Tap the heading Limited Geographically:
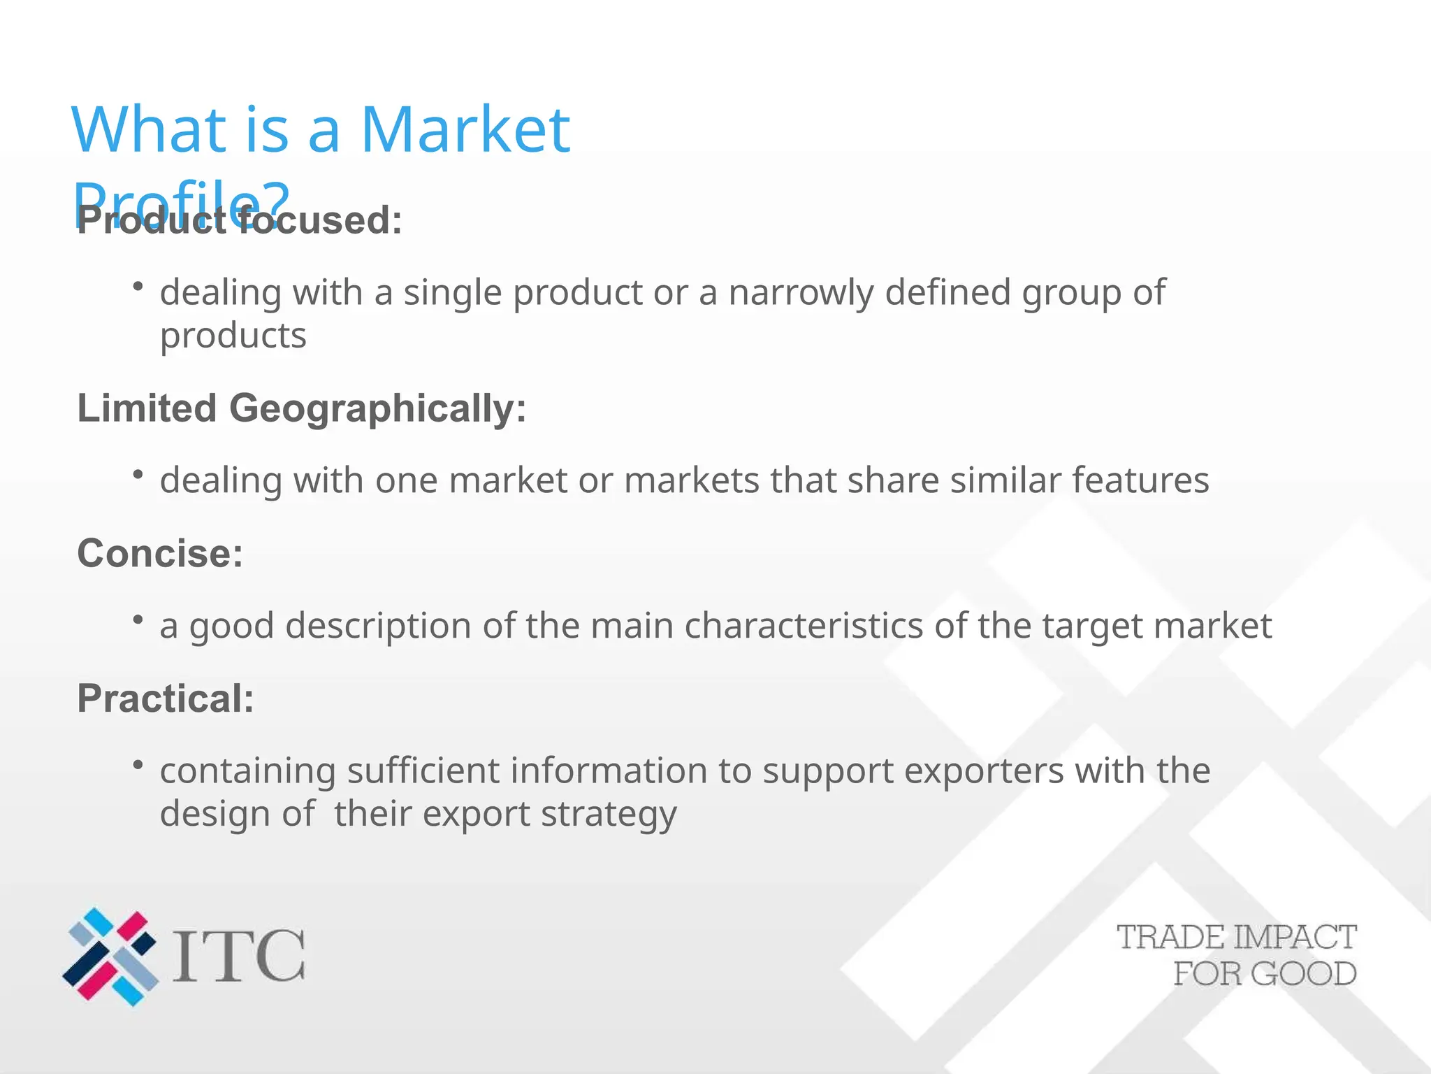tap(301, 408)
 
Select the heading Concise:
tap(160, 553)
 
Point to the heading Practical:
tap(166, 698)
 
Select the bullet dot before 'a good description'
tap(138, 619)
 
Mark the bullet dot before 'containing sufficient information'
tap(138, 764)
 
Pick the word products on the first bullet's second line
tap(233, 336)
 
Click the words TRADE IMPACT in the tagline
tap(1236, 938)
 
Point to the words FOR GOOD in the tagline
tap(1265, 974)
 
